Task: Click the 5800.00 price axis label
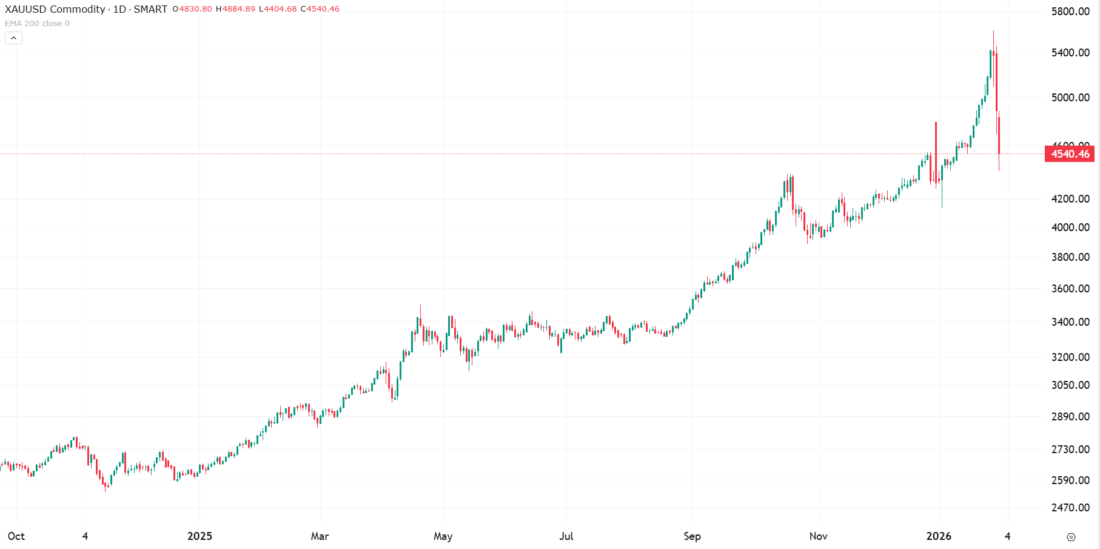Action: click(1070, 12)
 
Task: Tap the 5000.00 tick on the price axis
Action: click(1070, 98)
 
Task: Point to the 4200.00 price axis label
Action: click(1070, 199)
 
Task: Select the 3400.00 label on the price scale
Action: click(1070, 322)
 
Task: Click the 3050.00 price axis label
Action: click(1070, 385)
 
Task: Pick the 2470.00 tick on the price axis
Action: click(1070, 508)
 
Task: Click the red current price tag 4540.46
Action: click(1070, 154)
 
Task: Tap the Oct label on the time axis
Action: click(16, 536)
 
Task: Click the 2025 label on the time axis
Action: click(200, 536)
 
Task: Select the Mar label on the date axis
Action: click(320, 536)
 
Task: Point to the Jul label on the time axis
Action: click(566, 536)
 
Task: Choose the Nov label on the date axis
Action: click(818, 536)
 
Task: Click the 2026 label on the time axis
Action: click(939, 536)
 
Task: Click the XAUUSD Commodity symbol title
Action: click(55, 9)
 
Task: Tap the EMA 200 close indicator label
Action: click(37, 24)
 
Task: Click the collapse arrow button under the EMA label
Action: click(13, 38)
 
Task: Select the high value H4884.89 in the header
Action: click(235, 9)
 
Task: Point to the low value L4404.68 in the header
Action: click(278, 9)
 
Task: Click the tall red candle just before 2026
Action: click(936, 152)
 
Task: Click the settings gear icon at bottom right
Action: click(1071, 537)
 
